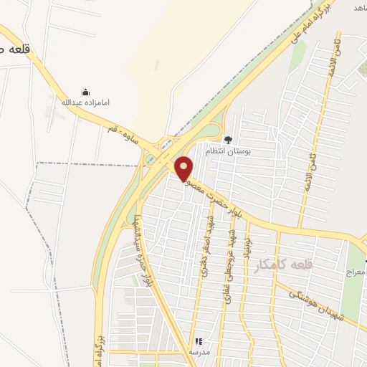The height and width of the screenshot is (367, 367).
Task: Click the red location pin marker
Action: pos(184,168)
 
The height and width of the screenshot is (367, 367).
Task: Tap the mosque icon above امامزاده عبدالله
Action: pos(86,92)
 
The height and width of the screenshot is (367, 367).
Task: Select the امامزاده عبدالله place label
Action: pos(86,103)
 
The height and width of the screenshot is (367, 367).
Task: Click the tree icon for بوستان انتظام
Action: pos(228,140)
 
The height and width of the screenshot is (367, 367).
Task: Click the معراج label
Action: pos(355,273)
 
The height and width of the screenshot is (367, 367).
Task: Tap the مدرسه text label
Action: pos(199,353)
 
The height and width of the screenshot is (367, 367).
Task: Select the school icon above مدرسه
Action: pos(199,342)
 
